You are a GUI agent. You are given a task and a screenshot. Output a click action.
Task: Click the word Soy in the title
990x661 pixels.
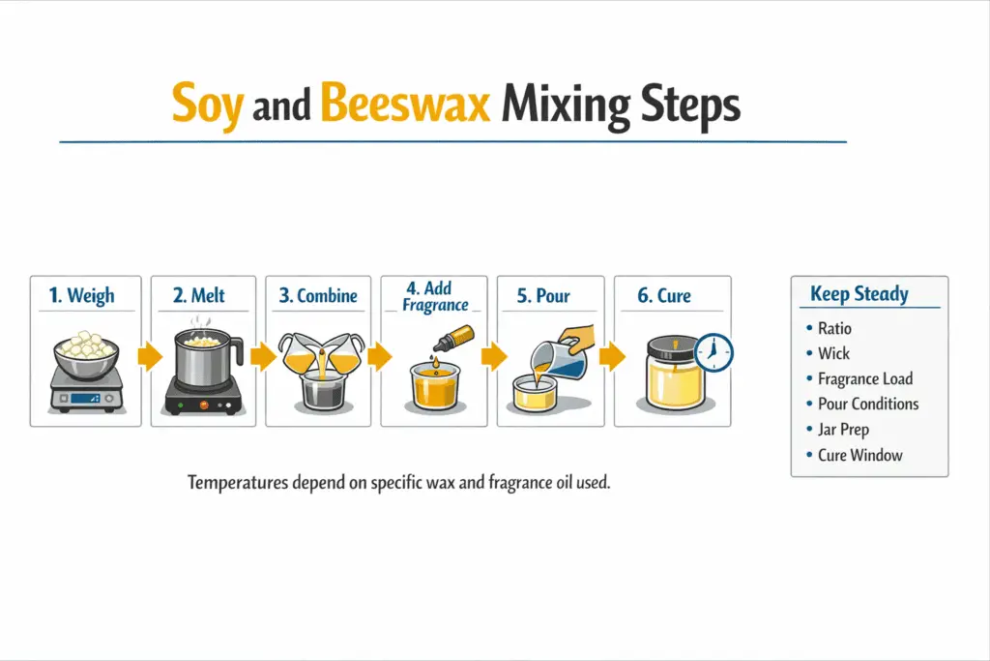(x=206, y=105)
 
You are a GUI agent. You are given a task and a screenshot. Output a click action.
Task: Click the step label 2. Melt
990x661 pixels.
(x=200, y=295)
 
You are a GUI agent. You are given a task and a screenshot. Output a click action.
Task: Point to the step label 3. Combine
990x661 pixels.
(x=318, y=295)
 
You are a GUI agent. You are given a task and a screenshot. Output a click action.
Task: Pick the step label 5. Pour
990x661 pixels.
(x=543, y=295)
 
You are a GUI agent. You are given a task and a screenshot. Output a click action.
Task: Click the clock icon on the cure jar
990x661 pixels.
(x=713, y=352)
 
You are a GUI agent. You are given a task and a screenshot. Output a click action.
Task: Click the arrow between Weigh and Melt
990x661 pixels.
(x=149, y=358)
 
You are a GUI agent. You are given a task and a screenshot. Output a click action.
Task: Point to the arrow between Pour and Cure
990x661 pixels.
(x=611, y=358)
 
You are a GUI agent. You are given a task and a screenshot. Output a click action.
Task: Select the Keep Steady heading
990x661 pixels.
(x=859, y=294)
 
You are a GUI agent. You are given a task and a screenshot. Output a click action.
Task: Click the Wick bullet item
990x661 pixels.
(x=833, y=353)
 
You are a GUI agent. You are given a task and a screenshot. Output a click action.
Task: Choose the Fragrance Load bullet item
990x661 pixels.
(x=864, y=378)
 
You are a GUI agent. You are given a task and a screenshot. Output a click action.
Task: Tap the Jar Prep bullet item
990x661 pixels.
(x=844, y=429)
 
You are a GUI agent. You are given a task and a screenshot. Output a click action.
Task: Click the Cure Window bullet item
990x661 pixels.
(x=859, y=454)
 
